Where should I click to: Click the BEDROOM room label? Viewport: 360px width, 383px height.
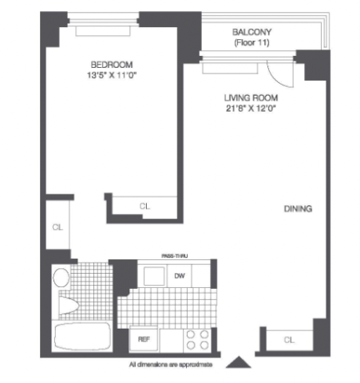tap(112, 65)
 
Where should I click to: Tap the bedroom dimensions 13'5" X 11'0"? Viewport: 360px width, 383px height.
tap(112, 75)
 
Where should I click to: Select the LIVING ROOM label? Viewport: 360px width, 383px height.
tap(251, 98)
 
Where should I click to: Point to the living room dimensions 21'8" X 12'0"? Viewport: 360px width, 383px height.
tap(250, 109)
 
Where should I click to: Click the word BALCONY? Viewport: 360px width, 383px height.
tap(251, 32)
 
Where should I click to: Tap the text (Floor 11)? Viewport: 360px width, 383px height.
tap(251, 42)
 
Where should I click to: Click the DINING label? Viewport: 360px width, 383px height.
tap(298, 209)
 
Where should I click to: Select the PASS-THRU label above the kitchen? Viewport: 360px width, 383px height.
tap(175, 256)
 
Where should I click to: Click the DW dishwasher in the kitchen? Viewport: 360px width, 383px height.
tap(180, 276)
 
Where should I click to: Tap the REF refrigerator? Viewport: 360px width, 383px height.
tap(144, 339)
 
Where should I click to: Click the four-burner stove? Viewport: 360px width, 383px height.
tap(197, 339)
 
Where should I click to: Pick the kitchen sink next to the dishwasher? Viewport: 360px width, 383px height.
tap(154, 276)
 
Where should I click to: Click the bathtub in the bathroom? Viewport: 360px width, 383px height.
tap(82, 337)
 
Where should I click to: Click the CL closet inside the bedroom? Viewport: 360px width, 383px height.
tap(144, 206)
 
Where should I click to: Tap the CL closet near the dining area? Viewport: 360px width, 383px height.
tap(289, 340)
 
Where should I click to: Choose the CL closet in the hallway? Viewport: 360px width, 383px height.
tap(57, 227)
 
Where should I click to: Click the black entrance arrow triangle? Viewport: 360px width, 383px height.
tap(239, 363)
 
